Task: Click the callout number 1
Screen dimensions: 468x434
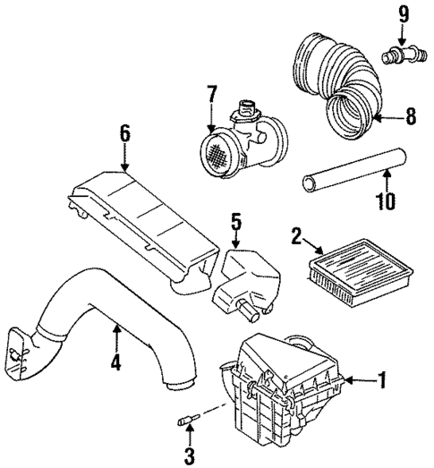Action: pos(380,382)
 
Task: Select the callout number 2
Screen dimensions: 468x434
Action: pos(295,236)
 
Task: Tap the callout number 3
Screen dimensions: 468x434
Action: pos(189,456)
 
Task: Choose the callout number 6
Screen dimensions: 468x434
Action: pos(124,135)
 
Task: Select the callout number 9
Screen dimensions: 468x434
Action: pos(403,13)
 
